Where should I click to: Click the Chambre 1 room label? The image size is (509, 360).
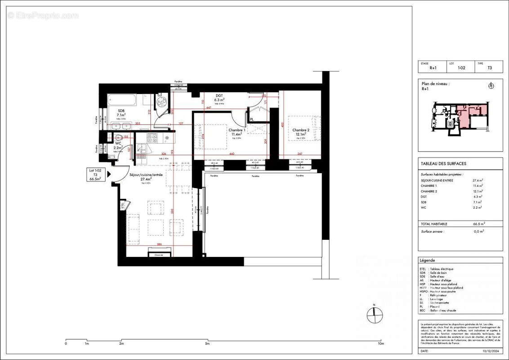[238, 130]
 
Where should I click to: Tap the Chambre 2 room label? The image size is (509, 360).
[300, 130]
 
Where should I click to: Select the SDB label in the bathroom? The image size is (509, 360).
[121, 111]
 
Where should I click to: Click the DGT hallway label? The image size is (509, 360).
[219, 96]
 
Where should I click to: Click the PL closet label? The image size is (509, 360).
[252, 119]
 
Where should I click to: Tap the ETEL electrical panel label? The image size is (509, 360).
[122, 206]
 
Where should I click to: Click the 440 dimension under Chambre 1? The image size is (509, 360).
[232, 154]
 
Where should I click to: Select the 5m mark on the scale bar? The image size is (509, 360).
[207, 344]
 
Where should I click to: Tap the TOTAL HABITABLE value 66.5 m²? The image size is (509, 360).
[479, 224]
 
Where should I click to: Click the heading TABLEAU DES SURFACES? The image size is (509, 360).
[437, 164]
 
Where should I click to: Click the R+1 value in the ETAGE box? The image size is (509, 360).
[433, 68]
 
